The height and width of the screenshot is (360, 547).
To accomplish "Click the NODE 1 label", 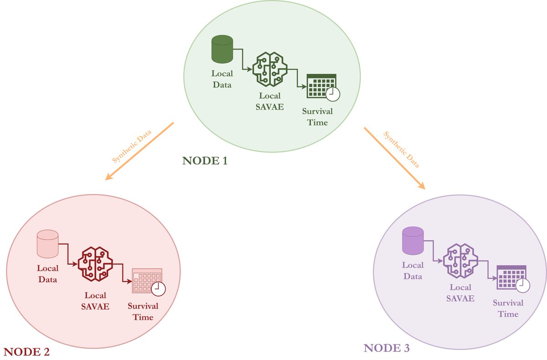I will pos(205,160).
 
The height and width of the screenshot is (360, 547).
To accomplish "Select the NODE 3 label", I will pos(387,348).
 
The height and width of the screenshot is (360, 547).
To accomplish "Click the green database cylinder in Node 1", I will pos(222,50).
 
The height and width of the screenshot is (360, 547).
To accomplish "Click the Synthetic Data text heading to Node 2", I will pos(132,146).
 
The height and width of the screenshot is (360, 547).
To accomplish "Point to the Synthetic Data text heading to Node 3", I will pos(402,150).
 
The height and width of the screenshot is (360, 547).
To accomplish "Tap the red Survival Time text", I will pos(143,311).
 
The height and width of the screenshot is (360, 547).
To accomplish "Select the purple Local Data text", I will pos(413,271).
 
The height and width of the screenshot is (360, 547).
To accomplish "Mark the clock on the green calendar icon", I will pos(333,93).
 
